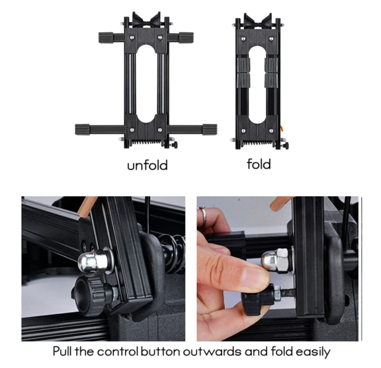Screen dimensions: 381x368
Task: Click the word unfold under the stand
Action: (147, 165)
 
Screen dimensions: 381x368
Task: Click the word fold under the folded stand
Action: (259, 164)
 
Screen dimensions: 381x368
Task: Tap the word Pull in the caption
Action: (62, 351)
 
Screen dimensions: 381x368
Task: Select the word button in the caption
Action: (160, 351)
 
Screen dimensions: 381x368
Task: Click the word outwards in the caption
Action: (212, 351)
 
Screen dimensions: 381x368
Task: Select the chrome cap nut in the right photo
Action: (276, 260)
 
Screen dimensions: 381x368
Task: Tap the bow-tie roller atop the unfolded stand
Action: (146, 20)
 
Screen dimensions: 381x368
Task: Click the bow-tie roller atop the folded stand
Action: (258, 21)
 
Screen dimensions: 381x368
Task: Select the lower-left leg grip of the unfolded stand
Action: (83, 129)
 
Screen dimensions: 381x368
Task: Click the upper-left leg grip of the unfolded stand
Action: (106, 38)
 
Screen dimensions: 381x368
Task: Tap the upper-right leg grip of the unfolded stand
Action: (187, 38)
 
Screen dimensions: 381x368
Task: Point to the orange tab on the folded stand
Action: (282, 128)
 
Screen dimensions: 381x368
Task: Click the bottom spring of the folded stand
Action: (258, 143)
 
